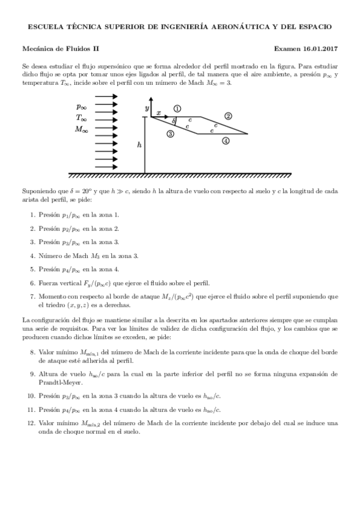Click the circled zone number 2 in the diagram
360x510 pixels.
click(x=228, y=115)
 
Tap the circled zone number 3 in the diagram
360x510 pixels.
click(x=170, y=134)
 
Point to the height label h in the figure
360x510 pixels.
click(x=139, y=145)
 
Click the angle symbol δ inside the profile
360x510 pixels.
click(x=173, y=121)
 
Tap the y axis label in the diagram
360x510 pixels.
click(x=146, y=107)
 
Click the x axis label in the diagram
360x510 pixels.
click(x=158, y=112)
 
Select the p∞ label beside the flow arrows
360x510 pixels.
click(x=82, y=106)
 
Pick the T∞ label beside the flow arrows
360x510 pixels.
click(x=82, y=117)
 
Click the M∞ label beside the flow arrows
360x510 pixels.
click(x=82, y=129)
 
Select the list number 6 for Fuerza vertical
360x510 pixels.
click(x=32, y=283)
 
